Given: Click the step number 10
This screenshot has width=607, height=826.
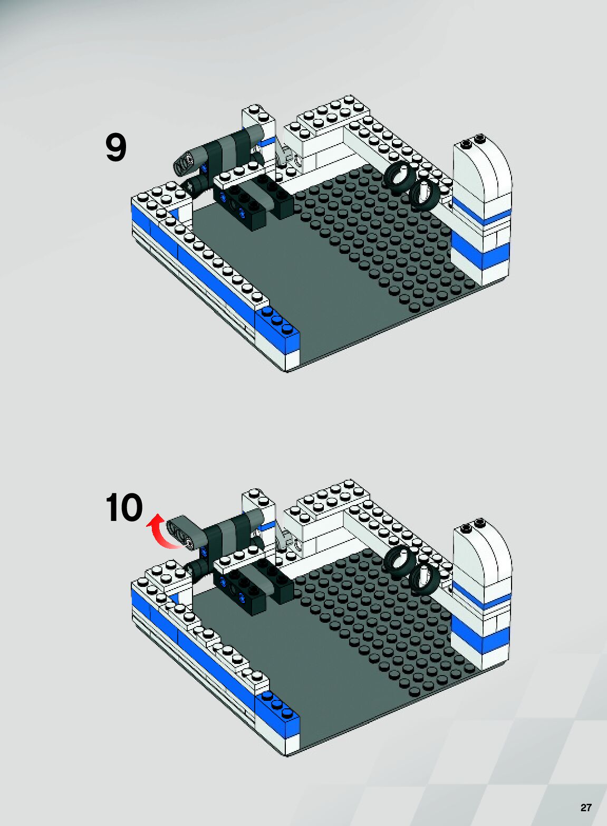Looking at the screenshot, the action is click(x=124, y=508).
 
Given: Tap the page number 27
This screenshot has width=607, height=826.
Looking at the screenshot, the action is click(x=585, y=808).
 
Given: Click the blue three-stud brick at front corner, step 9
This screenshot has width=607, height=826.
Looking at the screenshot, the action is click(x=277, y=330).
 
